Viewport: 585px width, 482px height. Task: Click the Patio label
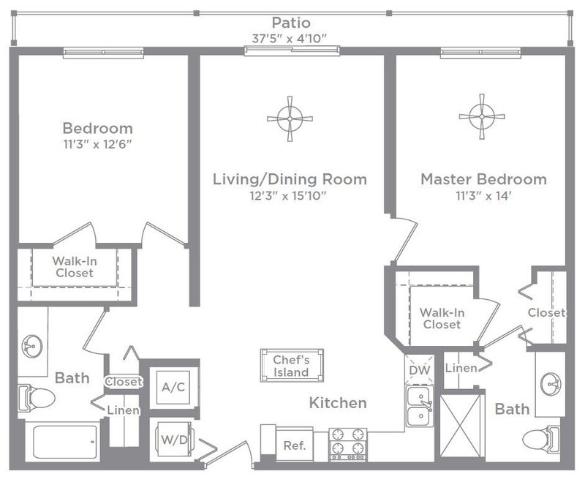click(291, 23)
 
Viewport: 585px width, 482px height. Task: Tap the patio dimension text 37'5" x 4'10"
click(290, 39)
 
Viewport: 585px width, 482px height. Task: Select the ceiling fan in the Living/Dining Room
click(290, 118)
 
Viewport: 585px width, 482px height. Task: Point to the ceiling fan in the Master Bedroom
click(482, 116)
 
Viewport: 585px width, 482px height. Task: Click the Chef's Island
click(292, 366)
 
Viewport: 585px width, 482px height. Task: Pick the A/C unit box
click(173, 387)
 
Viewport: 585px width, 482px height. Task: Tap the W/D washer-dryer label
click(174, 440)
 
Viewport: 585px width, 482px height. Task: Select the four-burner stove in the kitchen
click(348, 444)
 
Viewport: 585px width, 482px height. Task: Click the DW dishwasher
click(420, 369)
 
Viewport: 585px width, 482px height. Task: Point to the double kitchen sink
click(420, 406)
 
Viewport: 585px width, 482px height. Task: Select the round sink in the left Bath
click(32, 345)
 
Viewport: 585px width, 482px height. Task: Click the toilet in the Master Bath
click(541, 439)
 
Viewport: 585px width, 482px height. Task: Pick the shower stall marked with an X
click(461, 425)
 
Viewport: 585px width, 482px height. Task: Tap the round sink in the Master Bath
click(551, 383)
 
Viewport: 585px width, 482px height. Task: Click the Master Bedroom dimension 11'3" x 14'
click(483, 195)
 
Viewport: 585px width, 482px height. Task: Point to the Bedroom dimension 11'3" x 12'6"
click(98, 144)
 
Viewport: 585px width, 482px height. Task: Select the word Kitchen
click(338, 403)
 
